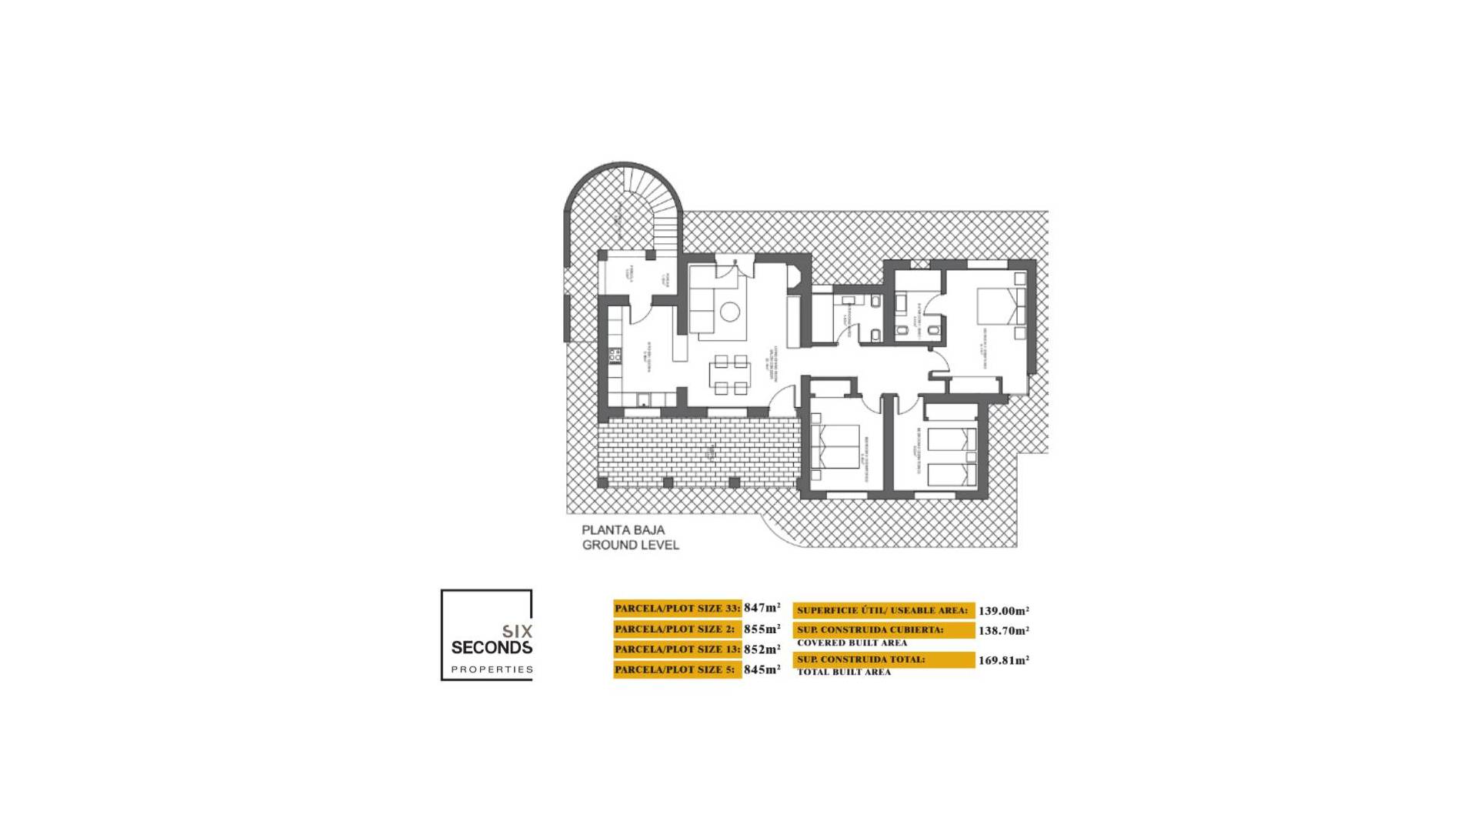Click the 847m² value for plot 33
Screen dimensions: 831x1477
[x=762, y=608]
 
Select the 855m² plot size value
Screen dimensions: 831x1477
[x=762, y=629]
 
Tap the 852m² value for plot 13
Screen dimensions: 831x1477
[x=762, y=649]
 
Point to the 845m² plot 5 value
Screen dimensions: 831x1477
[x=762, y=669]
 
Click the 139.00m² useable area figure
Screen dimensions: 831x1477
[x=1003, y=611]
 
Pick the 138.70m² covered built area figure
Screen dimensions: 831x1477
[x=1003, y=631]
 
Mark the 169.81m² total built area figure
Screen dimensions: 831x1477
[x=1003, y=660]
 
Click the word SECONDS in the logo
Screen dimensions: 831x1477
[x=492, y=648]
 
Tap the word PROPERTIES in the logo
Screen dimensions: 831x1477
[x=492, y=669]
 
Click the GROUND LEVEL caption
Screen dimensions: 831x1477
[x=630, y=545]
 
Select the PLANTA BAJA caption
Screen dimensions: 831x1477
[x=623, y=530]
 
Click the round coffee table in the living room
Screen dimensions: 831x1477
[x=729, y=312]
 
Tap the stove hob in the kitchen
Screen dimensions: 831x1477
[x=615, y=355]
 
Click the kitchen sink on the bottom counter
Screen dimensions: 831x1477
[x=645, y=399]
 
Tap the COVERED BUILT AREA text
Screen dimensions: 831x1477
[x=852, y=642]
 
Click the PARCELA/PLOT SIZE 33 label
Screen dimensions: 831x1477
[x=677, y=608]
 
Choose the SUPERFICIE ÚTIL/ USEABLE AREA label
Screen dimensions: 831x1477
[x=883, y=611]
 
